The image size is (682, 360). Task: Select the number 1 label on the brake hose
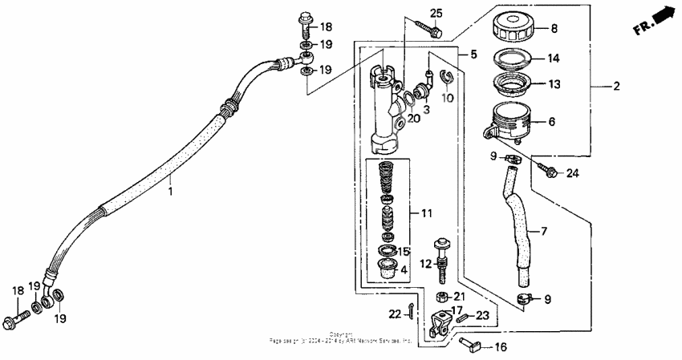coord(170,192)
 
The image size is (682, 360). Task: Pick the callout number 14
coord(552,58)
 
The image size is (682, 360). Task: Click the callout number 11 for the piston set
coord(425,213)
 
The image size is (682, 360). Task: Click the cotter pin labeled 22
coord(411,313)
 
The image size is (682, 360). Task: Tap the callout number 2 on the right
coord(616,87)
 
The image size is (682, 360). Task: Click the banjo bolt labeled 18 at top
coord(306,19)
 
